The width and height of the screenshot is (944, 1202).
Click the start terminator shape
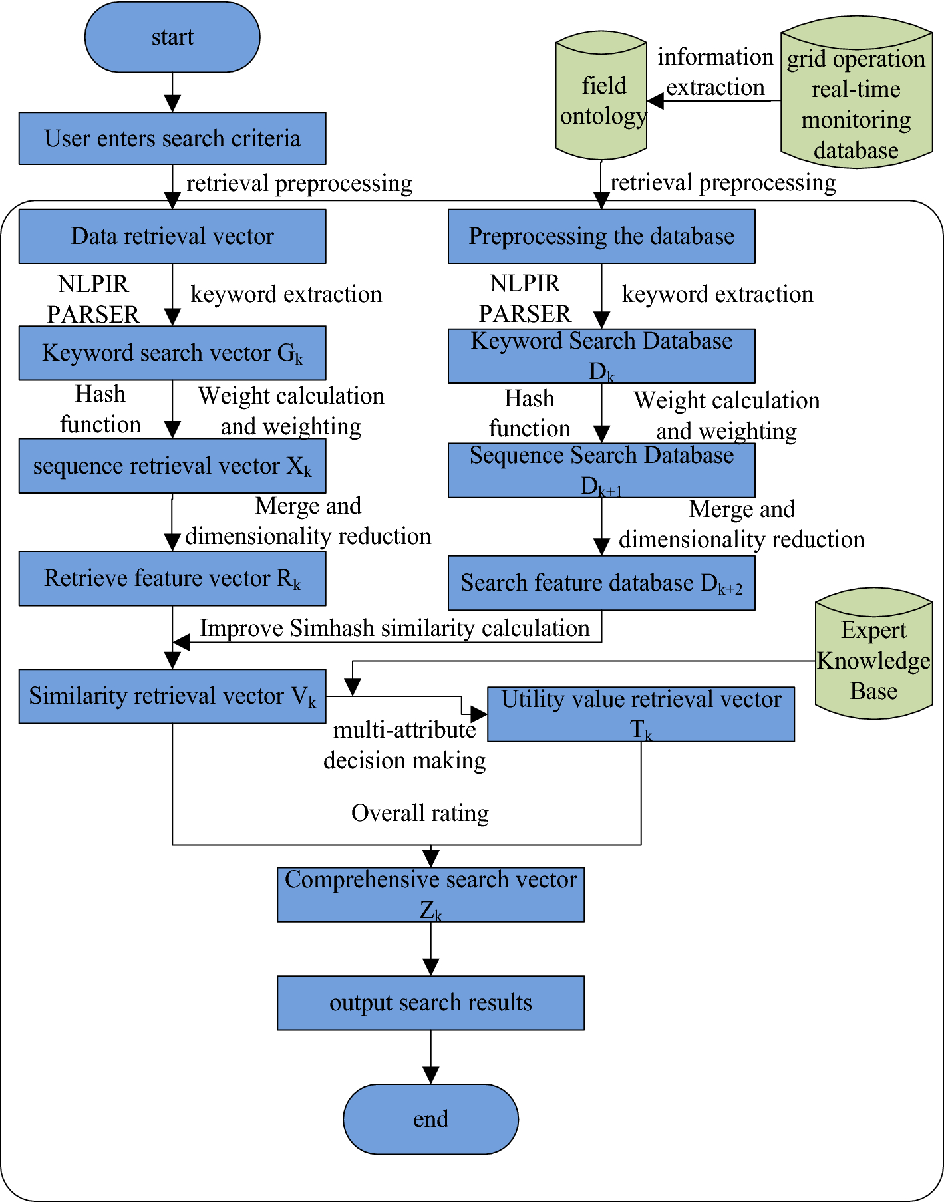click(x=172, y=37)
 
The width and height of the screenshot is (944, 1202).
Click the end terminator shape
click(x=430, y=1119)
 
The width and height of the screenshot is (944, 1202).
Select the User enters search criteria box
click(x=172, y=138)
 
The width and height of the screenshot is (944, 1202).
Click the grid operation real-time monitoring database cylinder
click(x=856, y=96)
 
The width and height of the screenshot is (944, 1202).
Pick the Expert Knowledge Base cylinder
click(x=873, y=655)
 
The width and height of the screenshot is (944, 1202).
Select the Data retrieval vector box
click(x=172, y=236)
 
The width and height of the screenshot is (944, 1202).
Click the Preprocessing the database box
click(x=601, y=236)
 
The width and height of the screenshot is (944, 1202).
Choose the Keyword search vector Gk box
click(x=172, y=353)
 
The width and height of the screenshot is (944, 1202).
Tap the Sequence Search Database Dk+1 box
click(x=601, y=470)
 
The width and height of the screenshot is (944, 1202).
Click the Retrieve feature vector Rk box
click(x=172, y=578)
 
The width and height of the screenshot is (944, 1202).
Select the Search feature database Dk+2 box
click(x=601, y=583)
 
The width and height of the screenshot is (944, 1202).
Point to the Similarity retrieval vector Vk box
click(x=172, y=696)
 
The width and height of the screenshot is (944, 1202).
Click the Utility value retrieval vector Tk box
click(x=641, y=714)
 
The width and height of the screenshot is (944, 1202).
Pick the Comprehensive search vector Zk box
click(x=430, y=894)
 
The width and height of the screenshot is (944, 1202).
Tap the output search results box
click(x=430, y=1002)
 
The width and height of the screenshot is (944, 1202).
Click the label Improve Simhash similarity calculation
click(x=394, y=628)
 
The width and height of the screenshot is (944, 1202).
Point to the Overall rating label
click(x=420, y=813)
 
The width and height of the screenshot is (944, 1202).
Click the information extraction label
click(x=715, y=72)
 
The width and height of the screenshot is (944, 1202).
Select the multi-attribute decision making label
click(x=404, y=745)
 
